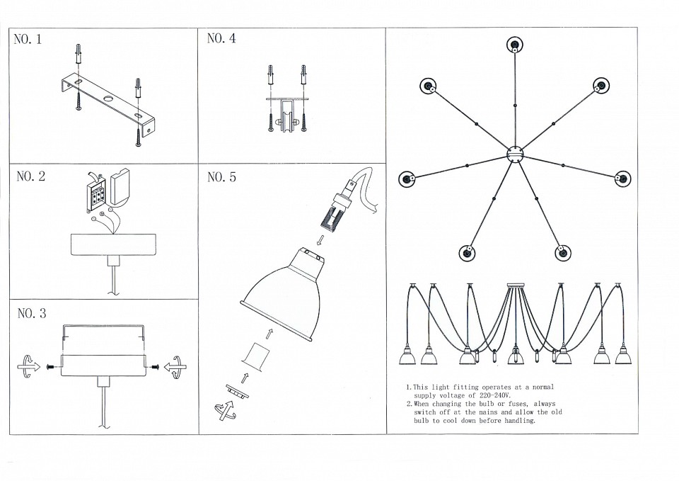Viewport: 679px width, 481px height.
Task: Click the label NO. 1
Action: tap(28, 40)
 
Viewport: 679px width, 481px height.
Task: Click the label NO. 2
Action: tap(30, 176)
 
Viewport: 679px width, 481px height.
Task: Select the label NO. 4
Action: tap(221, 38)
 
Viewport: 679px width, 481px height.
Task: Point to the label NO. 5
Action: tap(221, 177)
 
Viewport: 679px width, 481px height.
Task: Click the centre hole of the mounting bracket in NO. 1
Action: tap(108, 98)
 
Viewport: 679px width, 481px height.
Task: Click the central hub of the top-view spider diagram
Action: tap(514, 152)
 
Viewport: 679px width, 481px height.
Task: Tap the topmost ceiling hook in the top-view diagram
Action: tap(514, 46)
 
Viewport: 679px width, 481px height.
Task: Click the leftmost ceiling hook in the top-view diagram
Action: tap(407, 179)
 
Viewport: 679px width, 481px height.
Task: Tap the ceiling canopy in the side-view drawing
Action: tap(514, 285)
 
